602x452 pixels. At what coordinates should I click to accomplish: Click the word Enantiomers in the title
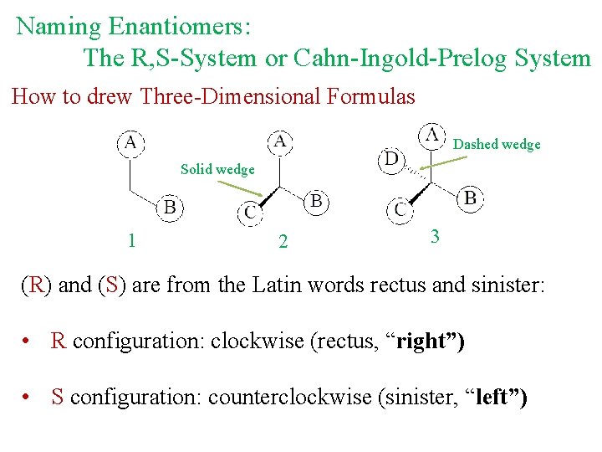(x=178, y=27)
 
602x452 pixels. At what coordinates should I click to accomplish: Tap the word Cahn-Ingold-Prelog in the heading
(x=399, y=58)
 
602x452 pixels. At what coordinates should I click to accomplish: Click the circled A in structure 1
(x=130, y=142)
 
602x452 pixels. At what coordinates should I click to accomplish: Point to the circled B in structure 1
(x=170, y=206)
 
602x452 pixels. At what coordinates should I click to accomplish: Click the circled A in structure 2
(x=280, y=141)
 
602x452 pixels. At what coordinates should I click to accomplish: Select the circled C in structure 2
(x=250, y=213)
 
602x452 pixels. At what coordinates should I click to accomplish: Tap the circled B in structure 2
(x=316, y=202)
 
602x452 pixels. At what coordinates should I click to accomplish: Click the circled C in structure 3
(x=400, y=210)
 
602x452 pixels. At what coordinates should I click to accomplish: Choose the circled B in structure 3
(x=470, y=198)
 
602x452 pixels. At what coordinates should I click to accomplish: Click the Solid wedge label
(x=217, y=170)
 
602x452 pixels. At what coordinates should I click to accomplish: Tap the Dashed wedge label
(x=497, y=145)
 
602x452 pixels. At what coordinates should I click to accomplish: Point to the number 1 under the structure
(x=131, y=240)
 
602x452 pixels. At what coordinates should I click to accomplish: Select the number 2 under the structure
(x=283, y=242)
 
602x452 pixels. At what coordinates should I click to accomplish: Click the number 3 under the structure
(x=434, y=236)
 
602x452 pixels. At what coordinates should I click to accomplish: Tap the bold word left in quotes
(x=497, y=397)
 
